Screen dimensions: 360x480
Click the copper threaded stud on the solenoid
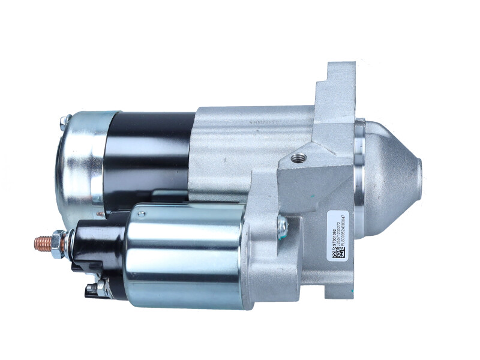pos(42,243)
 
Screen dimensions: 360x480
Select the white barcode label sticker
pos(335,234)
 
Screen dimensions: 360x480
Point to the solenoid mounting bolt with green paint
pos(281,227)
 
